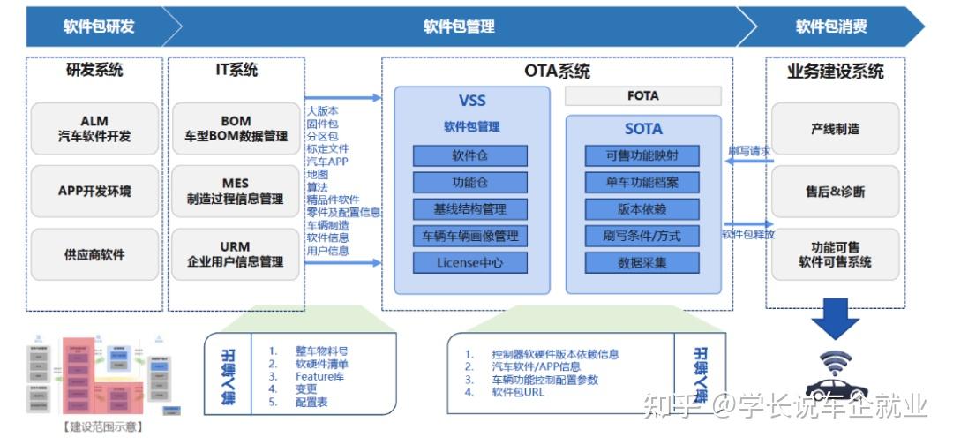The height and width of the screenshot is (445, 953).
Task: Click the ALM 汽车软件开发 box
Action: pyautogui.click(x=94, y=129)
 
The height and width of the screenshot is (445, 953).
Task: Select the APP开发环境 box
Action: pyautogui.click(x=94, y=192)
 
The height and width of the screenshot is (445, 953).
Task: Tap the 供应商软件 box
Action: pyautogui.click(x=94, y=254)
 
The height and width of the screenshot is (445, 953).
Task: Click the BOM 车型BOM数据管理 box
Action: pyautogui.click(x=236, y=129)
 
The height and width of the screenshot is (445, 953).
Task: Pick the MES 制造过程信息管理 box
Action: pyautogui.click(x=236, y=192)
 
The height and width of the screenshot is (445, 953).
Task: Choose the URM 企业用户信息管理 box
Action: pyautogui.click(x=236, y=254)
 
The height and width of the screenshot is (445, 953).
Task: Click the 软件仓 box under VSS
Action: pyautogui.click(x=470, y=156)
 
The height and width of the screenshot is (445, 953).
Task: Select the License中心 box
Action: pyautogui.click(x=470, y=262)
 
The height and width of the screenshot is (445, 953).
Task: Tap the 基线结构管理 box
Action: pyautogui.click(x=470, y=209)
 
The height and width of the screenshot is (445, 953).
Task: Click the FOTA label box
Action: pyautogui.click(x=642, y=95)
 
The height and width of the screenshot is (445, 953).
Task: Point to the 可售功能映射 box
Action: pyautogui.click(x=642, y=156)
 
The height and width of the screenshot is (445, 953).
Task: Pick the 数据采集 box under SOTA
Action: pyautogui.click(x=642, y=262)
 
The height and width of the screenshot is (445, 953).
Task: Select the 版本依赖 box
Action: pyautogui.click(x=642, y=209)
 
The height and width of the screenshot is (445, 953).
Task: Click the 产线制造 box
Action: pyautogui.click(x=835, y=129)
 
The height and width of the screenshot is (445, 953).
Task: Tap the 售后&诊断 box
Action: pyautogui.click(x=835, y=192)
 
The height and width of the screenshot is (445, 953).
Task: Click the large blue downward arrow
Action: pyautogui.click(x=835, y=319)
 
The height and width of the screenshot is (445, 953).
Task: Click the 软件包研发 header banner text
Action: pyautogui.click(x=99, y=26)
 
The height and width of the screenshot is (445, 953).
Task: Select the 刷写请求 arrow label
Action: pyautogui.click(x=749, y=151)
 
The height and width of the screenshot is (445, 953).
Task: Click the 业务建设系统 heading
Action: pyautogui.click(x=835, y=72)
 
